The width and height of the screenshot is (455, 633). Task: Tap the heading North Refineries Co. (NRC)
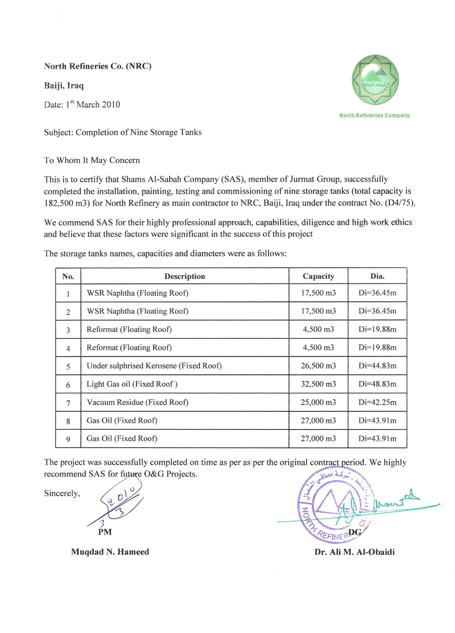(98, 66)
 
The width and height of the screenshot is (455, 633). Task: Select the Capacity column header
(318, 276)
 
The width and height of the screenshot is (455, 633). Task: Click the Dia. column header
(377, 276)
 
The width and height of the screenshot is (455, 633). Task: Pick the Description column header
(185, 276)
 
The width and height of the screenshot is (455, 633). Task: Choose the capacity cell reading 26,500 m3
(318, 366)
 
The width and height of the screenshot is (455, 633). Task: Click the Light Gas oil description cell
(132, 384)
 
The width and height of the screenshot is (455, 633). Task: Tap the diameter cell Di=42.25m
(377, 402)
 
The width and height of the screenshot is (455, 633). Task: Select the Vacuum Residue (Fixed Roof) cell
(137, 402)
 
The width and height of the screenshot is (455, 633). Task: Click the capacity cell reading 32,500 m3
(318, 384)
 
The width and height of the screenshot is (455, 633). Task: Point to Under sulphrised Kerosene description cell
(154, 366)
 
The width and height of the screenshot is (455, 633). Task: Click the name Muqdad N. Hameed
(110, 552)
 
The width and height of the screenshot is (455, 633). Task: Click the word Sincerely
(62, 493)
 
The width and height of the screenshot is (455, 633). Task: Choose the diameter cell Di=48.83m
(377, 384)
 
